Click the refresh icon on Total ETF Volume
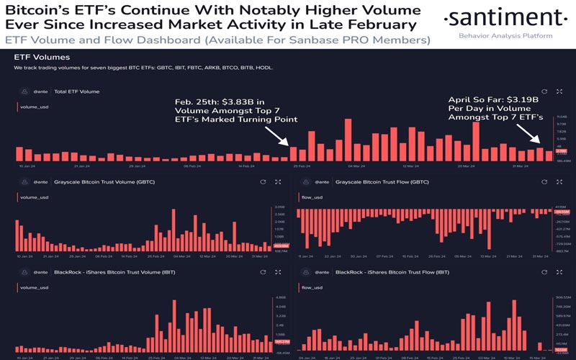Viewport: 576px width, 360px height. [544, 91]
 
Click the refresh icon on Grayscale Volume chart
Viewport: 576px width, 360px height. [263, 182]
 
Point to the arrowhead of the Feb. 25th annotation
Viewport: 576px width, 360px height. [290, 144]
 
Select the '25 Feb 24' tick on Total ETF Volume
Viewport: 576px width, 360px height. [301, 166]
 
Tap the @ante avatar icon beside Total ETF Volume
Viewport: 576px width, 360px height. [24, 91]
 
